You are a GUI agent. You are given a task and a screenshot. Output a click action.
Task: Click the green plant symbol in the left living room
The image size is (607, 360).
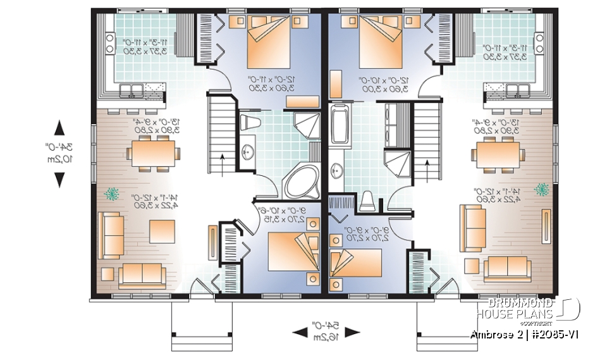coord(114,193)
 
